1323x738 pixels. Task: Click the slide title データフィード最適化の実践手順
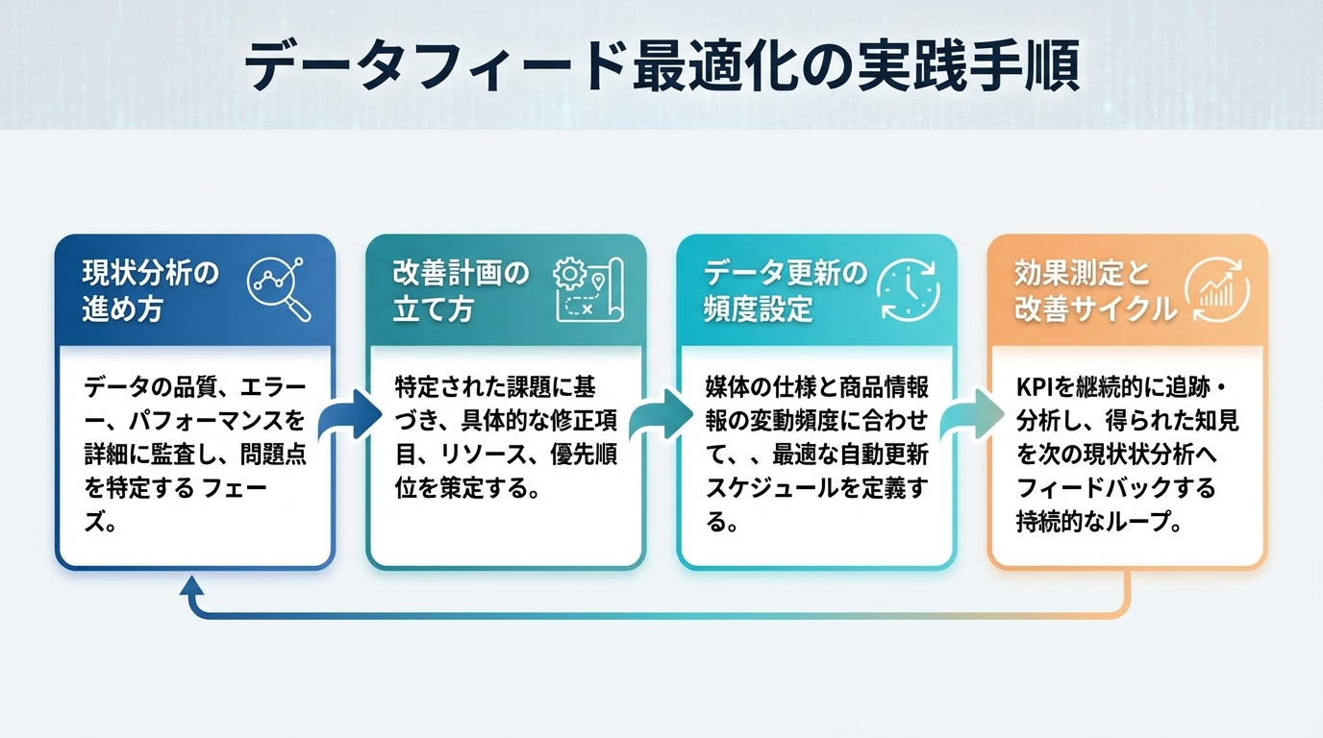pyautogui.click(x=661, y=65)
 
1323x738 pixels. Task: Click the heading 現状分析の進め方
pyautogui.click(x=150, y=290)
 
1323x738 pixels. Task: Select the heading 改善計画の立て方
pyautogui.click(x=462, y=290)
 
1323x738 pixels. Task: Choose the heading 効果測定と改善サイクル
pyautogui.click(x=1096, y=290)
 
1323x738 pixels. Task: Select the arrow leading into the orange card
pyautogui.click(x=971, y=414)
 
